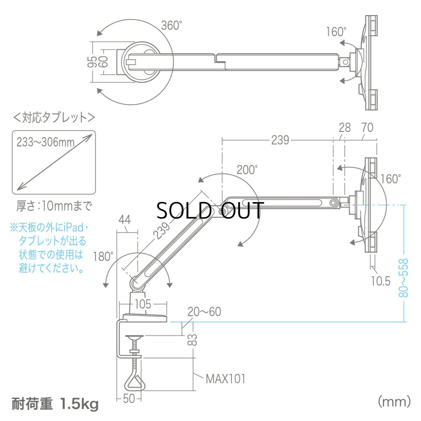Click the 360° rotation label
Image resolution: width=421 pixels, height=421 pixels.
pyautogui.click(x=172, y=25)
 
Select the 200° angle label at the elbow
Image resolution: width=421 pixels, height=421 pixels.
pyautogui.click(x=247, y=170)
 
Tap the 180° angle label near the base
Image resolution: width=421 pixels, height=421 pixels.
pyautogui.click(x=103, y=256)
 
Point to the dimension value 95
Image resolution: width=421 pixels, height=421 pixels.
pyautogui.click(x=92, y=62)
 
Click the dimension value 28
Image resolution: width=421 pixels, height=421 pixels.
pyautogui.click(x=345, y=128)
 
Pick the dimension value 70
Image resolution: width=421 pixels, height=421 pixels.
pyautogui.click(x=367, y=128)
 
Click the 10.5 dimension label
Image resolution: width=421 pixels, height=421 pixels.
pyautogui.click(x=380, y=281)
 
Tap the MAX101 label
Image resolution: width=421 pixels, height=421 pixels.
pyautogui.click(x=225, y=379)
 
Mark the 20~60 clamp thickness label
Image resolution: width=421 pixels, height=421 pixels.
pyautogui.click(x=204, y=312)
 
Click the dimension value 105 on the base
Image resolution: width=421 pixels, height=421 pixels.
pyautogui.click(x=142, y=304)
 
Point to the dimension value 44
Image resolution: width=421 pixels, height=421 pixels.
pyautogui.click(x=125, y=220)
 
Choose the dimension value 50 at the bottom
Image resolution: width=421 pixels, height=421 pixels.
pyautogui.click(x=129, y=399)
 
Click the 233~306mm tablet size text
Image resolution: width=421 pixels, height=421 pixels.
pyautogui.click(x=46, y=142)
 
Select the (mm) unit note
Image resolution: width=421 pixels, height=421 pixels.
pyautogui.click(x=394, y=401)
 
